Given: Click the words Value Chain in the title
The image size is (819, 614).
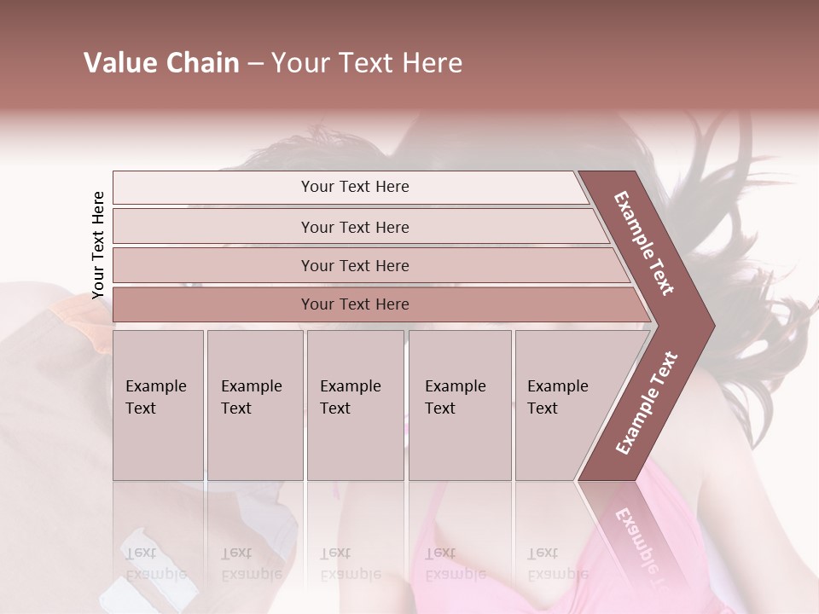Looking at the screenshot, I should click(x=161, y=63).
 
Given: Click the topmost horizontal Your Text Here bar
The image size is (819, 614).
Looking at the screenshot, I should click(x=354, y=187).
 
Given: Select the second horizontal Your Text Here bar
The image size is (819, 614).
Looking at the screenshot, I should click(x=354, y=227).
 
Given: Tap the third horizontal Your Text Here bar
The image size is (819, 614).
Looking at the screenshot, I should click(x=354, y=265).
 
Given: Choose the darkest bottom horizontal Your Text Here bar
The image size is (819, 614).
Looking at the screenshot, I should click(x=354, y=304).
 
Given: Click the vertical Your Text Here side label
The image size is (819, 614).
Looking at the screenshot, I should click(x=98, y=245).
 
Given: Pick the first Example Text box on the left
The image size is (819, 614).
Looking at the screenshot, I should click(x=158, y=405).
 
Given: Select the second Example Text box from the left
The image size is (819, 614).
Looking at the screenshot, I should click(x=254, y=405).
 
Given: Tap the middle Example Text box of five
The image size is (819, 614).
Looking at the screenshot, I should click(x=355, y=405).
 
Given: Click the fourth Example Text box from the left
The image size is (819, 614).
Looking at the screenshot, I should click(x=460, y=405).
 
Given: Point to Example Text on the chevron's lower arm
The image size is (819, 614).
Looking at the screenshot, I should click(x=647, y=403).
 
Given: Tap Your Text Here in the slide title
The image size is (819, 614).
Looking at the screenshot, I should click(x=367, y=63).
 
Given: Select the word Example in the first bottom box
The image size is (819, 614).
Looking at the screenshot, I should click(x=155, y=386).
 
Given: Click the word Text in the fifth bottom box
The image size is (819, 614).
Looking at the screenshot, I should click(x=542, y=408).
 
